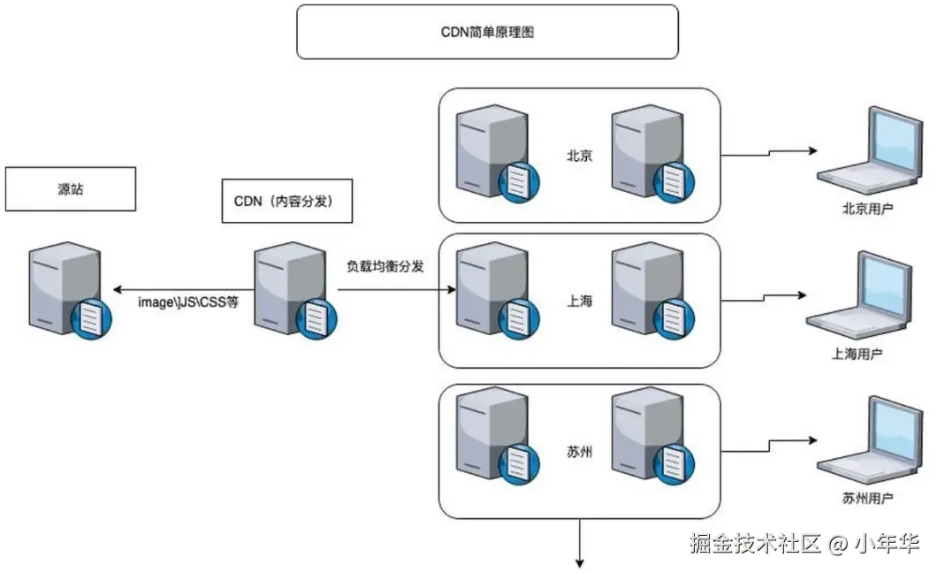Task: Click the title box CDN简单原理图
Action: click(x=487, y=32)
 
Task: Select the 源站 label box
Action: click(x=70, y=189)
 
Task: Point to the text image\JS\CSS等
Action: click(x=188, y=302)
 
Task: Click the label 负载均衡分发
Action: click(x=385, y=265)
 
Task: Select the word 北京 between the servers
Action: click(x=579, y=156)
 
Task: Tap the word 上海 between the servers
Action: click(x=579, y=301)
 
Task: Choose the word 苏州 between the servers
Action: click(x=579, y=453)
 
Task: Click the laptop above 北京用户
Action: click(x=870, y=152)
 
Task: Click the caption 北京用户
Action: click(x=867, y=210)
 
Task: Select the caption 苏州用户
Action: click(x=867, y=499)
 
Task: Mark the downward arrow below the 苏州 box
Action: click(x=581, y=544)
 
